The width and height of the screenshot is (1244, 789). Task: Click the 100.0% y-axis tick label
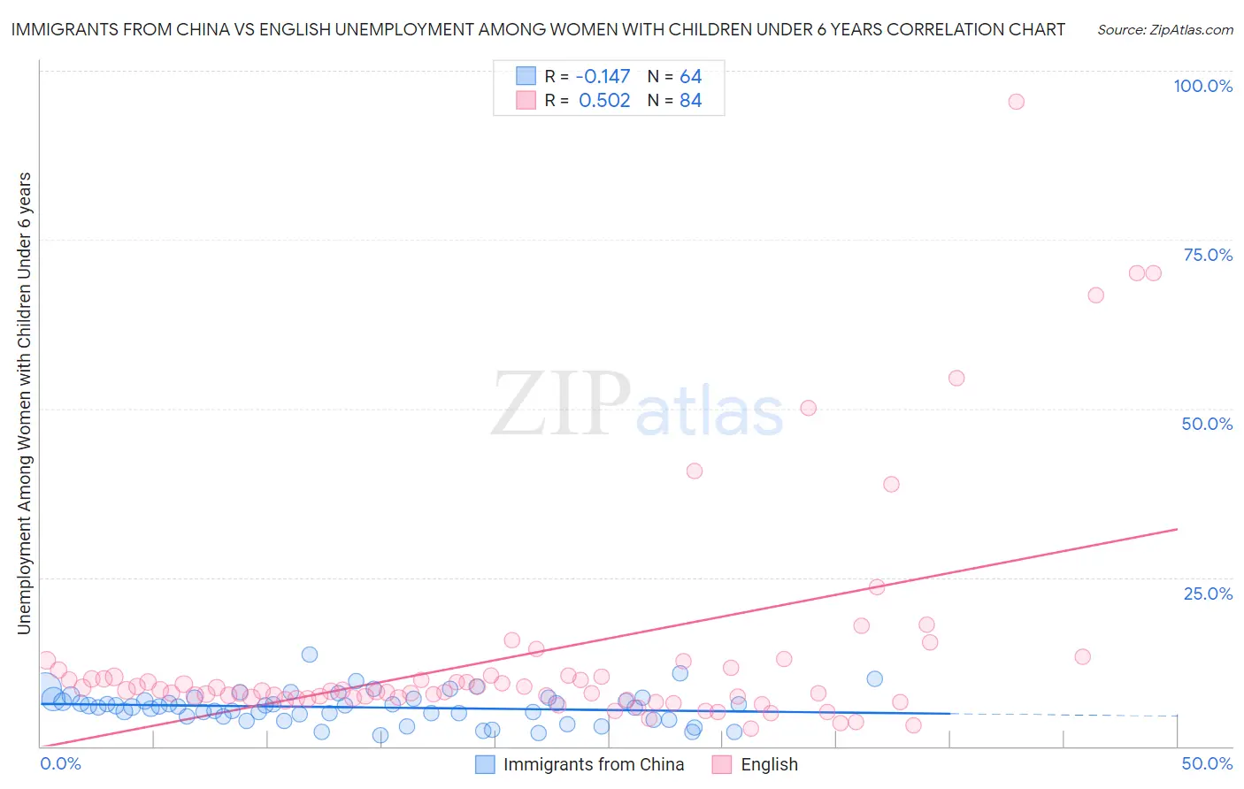pyautogui.click(x=1202, y=86)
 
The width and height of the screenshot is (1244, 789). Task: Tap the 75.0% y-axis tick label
pyautogui.click(x=1208, y=255)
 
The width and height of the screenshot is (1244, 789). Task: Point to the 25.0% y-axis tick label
pyautogui.click(x=1208, y=593)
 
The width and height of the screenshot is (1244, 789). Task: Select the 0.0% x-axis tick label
pyautogui.click(x=61, y=763)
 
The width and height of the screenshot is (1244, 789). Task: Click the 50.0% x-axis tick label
pyautogui.click(x=1207, y=763)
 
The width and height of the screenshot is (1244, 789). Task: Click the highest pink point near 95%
pyautogui.click(x=1016, y=102)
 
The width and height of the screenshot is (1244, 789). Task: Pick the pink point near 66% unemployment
pyautogui.click(x=1095, y=295)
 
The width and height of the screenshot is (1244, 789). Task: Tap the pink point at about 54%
pyautogui.click(x=956, y=378)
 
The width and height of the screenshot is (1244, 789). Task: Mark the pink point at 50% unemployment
pyautogui.click(x=808, y=408)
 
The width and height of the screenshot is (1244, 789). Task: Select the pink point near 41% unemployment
pyautogui.click(x=695, y=471)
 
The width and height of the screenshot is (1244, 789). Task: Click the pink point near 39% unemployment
pyautogui.click(x=891, y=484)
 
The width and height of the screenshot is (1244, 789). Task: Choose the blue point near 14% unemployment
pyautogui.click(x=310, y=655)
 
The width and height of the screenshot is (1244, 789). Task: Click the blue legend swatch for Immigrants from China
pyautogui.click(x=485, y=764)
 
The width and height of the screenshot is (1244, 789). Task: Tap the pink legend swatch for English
pyautogui.click(x=722, y=764)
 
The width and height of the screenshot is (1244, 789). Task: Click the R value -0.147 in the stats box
pyautogui.click(x=603, y=77)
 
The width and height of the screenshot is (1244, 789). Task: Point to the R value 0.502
pyautogui.click(x=604, y=101)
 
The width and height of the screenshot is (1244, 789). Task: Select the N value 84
pyautogui.click(x=690, y=101)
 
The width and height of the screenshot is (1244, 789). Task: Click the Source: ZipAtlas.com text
pyautogui.click(x=1164, y=29)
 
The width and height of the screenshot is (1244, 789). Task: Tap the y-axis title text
pyautogui.click(x=24, y=402)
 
